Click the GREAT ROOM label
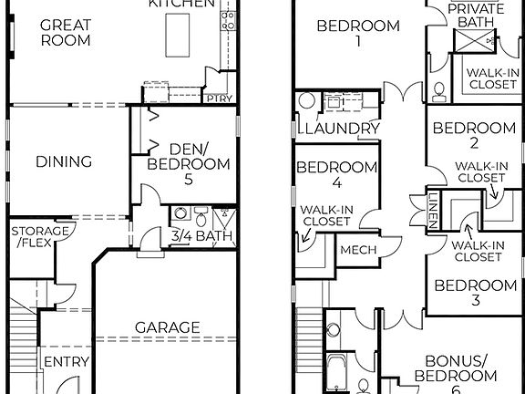pos(65,33)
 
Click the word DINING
pos(64,162)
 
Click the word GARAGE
pos(168,327)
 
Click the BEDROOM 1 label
pos(357,34)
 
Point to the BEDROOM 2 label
pos(474,136)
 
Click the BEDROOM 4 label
pos(337,175)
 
